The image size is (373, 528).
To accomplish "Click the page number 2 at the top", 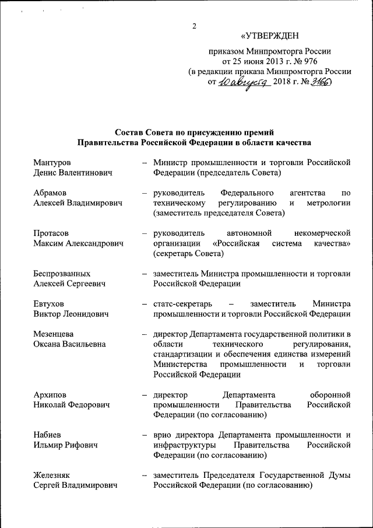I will [195, 25].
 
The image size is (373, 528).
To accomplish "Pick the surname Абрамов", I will [50, 193].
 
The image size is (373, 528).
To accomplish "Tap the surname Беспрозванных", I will [62, 274].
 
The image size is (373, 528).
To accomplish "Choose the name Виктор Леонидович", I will [72, 314].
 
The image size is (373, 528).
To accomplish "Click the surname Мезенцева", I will [53, 334].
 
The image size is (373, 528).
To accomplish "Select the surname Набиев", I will [47, 435].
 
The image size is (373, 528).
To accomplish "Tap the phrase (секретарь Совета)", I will [189, 254].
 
